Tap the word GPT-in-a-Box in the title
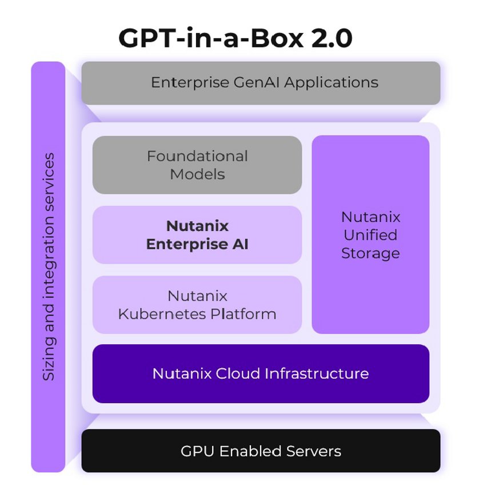point(206,38)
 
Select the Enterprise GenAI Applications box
point(261,83)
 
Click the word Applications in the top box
point(331,83)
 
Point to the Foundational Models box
point(197,165)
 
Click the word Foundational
point(197,156)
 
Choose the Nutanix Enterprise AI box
point(197,234)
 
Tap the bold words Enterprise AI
point(197,244)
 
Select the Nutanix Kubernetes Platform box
point(197,305)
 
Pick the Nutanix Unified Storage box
point(370,234)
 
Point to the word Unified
point(370,234)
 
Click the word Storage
point(370,253)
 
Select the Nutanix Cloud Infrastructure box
point(261,373)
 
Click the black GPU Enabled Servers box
point(261,451)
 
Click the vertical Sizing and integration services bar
point(49,267)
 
